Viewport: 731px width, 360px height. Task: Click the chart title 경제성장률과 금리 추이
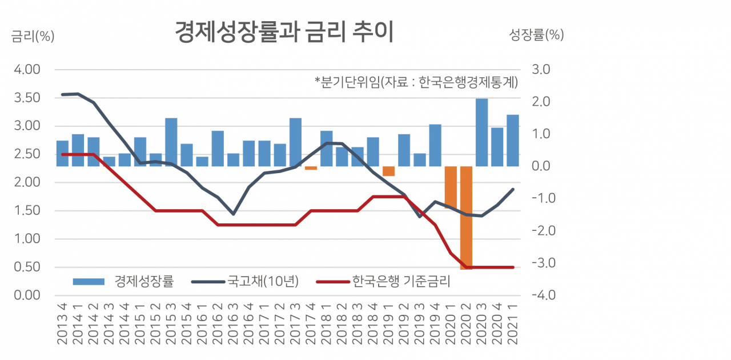coord(284,33)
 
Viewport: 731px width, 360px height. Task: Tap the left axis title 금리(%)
coord(33,36)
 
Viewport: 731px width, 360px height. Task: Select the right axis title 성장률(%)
coord(536,35)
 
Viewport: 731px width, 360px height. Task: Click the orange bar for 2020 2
coord(467,217)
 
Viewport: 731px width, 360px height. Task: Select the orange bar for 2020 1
coord(451,187)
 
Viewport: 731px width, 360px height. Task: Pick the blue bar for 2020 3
coord(482,133)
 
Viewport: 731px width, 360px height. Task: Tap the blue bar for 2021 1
coord(513,141)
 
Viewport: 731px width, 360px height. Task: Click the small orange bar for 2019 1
coord(389,171)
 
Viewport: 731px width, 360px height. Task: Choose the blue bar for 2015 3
coord(171,142)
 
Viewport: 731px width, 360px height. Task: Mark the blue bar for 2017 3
coord(296,142)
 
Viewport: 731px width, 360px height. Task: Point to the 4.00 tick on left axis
coord(27,70)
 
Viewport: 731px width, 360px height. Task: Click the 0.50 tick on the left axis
coord(27,267)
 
